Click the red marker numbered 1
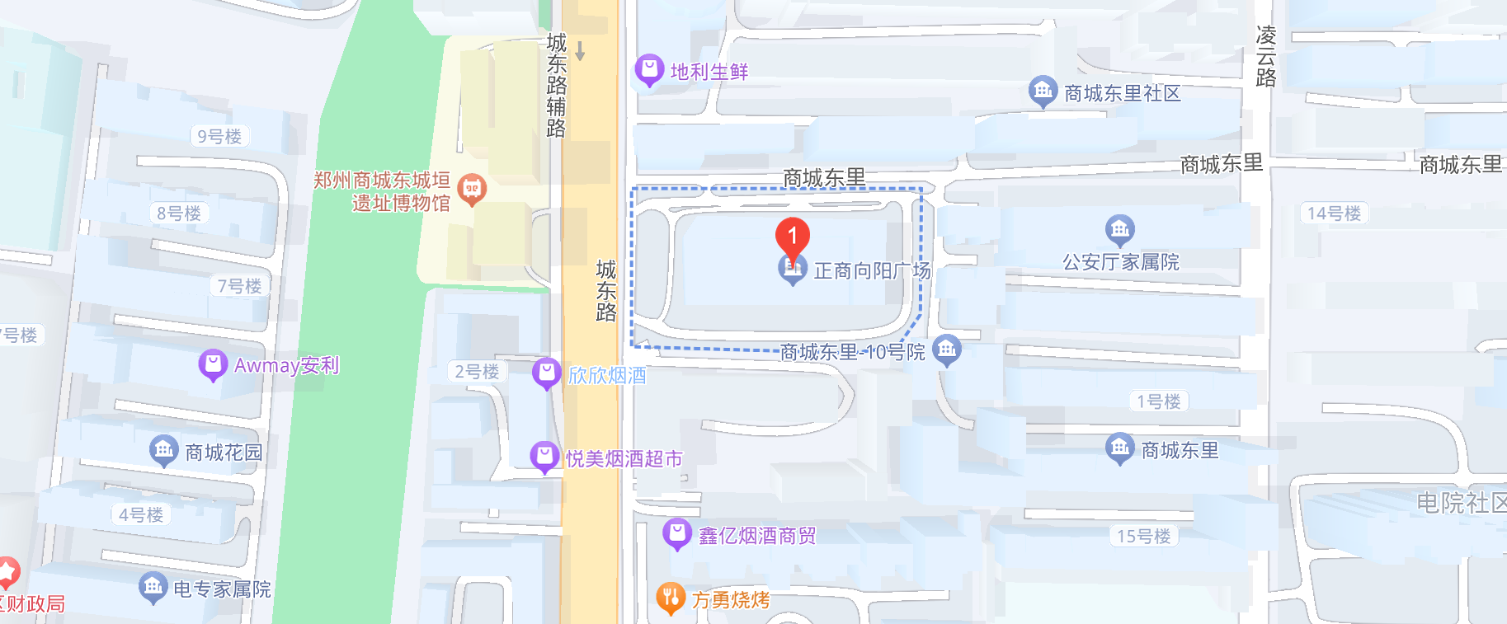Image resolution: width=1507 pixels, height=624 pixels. [792, 237]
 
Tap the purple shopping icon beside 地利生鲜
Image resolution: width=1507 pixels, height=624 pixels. [649, 70]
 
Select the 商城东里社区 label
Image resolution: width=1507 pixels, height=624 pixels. [1122, 93]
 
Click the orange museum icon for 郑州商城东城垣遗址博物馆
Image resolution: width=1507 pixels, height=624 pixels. [472, 190]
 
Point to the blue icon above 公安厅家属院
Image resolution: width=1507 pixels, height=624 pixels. [1119, 229]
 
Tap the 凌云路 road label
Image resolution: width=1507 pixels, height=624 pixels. [1266, 56]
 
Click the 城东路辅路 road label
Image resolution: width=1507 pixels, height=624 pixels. [557, 85]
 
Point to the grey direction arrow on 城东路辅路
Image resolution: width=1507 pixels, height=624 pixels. [580, 51]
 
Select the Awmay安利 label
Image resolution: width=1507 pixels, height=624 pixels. [286, 365]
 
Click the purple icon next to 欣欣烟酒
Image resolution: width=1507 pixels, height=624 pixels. [546, 373]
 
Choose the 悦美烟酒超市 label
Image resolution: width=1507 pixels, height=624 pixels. [624, 459]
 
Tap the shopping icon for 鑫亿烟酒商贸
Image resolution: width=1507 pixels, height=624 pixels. [677, 534]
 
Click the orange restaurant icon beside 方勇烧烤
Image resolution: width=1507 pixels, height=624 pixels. [671, 598]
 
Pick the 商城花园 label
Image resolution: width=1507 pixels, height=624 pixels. [224, 453]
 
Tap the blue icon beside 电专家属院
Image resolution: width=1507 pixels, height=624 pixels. [153, 588]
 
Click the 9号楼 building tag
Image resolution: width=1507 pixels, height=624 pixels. [219, 136]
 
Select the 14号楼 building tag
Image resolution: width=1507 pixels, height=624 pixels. [1334, 213]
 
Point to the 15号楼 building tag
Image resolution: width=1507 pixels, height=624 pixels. [1143, 536]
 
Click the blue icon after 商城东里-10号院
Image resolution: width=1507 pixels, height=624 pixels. [946, 350]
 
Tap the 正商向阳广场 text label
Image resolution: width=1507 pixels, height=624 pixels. [872, 270]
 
